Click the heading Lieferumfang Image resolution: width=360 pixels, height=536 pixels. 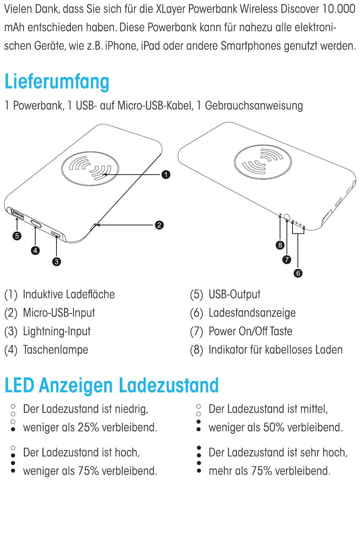coord(57,82)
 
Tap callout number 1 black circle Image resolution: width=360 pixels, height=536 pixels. coord(166,175)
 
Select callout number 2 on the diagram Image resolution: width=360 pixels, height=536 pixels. coord(160,225)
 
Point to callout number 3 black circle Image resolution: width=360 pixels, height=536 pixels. coord(56,261)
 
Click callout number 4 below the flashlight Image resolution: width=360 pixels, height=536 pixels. coord(35,250)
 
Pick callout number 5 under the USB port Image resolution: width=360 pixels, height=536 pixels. coord(17,236)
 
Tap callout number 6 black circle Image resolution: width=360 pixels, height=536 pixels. coord(298,273)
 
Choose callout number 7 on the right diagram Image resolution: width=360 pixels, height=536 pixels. coord(287,259)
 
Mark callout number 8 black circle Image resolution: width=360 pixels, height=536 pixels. coord(280,245)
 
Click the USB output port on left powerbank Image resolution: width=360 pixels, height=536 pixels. coord(17,214)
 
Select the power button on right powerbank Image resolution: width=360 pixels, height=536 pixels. coord(287,217)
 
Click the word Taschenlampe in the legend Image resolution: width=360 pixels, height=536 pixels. coord(56,350)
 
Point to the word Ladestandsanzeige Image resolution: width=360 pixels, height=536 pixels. coord(252,313)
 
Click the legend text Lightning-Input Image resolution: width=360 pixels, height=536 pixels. coord(57,331)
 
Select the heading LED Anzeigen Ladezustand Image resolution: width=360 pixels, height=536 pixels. coord(112,385)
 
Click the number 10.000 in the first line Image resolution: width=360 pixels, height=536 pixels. coord(338,9)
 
